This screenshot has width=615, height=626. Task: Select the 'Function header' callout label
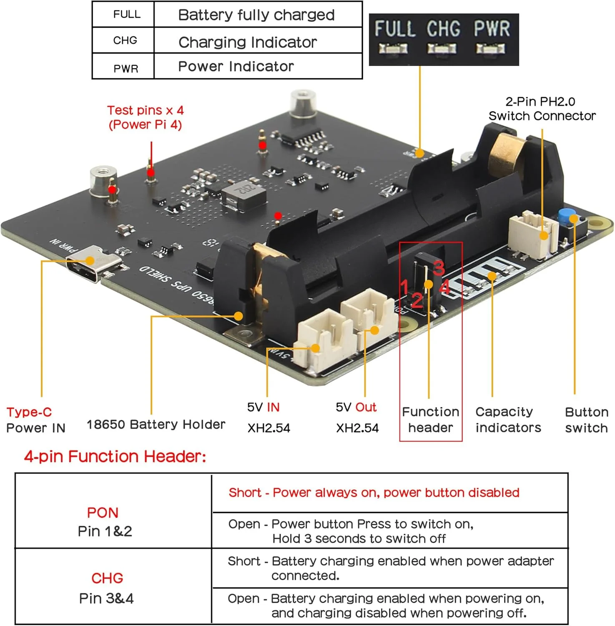click(430, 420)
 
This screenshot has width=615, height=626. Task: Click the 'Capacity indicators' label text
click(508, 420)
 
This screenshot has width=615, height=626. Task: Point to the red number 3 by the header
click(438, 268)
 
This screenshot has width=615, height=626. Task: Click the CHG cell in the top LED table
click(125, 40)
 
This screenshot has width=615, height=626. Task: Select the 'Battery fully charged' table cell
click(256, 15)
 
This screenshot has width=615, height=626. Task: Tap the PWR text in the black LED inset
click(492, 29)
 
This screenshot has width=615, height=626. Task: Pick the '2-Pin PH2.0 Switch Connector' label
click(542, 109)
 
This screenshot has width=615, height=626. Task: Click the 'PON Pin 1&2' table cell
click(104, 522)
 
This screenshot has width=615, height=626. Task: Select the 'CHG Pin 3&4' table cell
click(106, 588)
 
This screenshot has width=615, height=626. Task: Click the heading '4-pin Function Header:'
click(115, 457)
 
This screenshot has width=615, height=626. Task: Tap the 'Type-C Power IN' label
click(35, 420)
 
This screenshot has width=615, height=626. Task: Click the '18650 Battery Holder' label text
click(156, 424)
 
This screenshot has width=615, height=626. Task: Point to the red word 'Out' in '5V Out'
click(366, 407)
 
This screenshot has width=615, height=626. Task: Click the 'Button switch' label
click(586, 420)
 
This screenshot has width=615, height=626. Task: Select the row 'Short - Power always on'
click(374, 493)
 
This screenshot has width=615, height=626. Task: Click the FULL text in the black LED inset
click(394, 29)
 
